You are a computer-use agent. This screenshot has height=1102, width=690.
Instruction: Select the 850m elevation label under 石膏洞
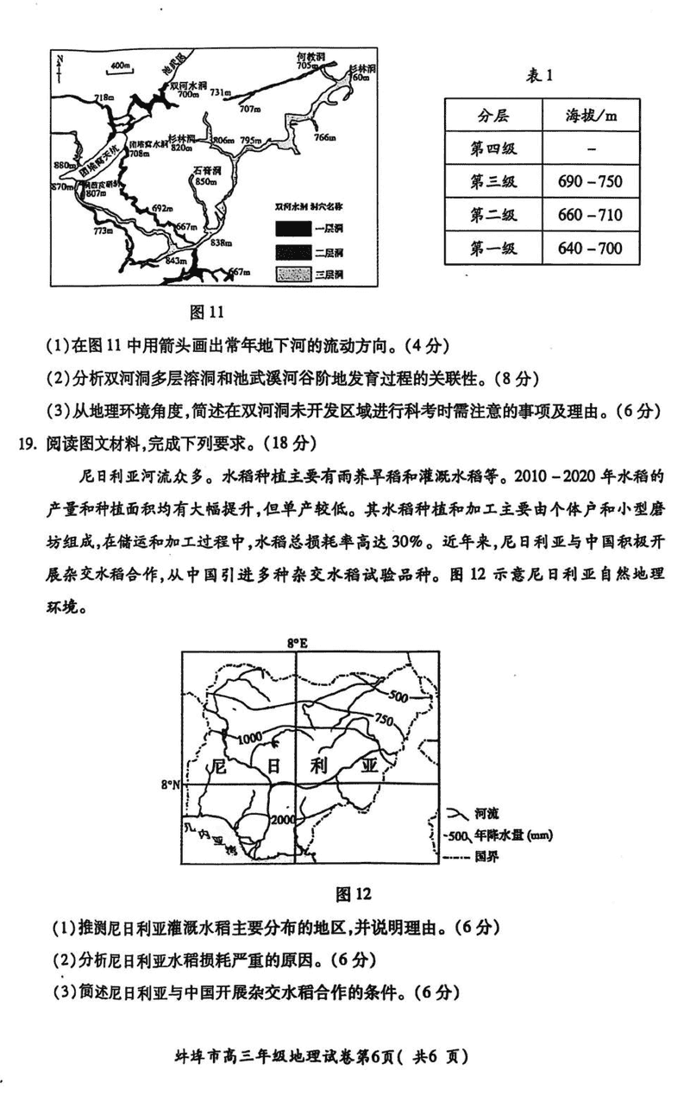(x=204, y=181)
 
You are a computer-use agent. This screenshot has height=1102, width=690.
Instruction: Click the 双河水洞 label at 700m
(x=187, y=90)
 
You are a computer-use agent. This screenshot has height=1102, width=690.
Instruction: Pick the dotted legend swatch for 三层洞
(x=292, y=274)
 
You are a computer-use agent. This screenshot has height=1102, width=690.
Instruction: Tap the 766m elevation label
(x=324, y=137)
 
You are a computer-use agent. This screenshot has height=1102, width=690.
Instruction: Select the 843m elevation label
(x=175, y=261)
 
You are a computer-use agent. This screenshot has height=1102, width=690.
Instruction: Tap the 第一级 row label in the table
(x=492, y=249)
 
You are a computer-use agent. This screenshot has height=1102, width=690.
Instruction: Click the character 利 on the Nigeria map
(x=318, y=764)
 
